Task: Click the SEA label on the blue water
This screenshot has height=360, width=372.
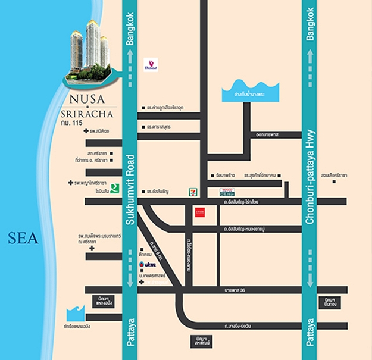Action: [23, 239]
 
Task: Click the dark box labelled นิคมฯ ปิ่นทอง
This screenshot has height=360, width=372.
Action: [332, 301]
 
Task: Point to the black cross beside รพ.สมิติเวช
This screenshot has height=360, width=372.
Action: [86, 131]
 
